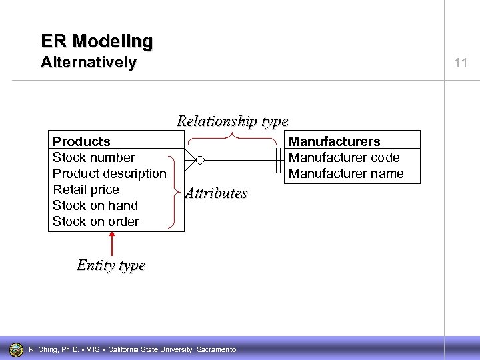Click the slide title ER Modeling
click(97, 41)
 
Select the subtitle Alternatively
click(88, 63)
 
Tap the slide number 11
click(461, 63)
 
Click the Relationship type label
click(232, 121)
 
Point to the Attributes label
click(215, 193)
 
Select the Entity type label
click(111, 265)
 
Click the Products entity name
click(81, 141)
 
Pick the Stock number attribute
click(93, 157)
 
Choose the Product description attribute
click(109, 173)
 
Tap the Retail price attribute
click(85, 189)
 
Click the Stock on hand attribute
click(95, 205)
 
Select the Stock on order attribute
click(95, 221)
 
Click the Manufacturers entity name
click(334, 141)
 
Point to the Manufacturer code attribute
click(344, 157)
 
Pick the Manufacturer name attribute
click(346, 173)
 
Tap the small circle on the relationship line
click(200, 160)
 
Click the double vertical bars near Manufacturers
click(279, 160)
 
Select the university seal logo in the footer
click(15, 349)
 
